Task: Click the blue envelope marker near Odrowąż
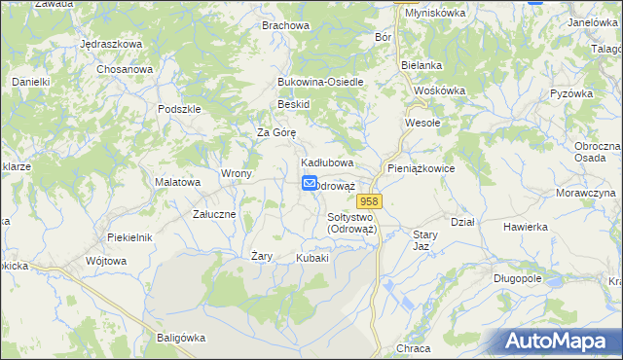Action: [310, 183]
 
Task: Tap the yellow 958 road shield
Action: [381, 199]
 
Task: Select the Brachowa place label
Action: [284, 25]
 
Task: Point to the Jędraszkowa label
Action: [111, 45]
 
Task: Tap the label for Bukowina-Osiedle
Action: [320, 82]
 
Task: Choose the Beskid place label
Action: [293, 104]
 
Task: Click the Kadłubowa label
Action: [326, 162]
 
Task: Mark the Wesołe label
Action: [423, 124]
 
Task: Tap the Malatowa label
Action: [178, 182]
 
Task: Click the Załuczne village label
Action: [213, 214]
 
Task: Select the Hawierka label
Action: [526, 227]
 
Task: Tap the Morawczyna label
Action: [585, 193]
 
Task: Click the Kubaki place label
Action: [312, 258]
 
